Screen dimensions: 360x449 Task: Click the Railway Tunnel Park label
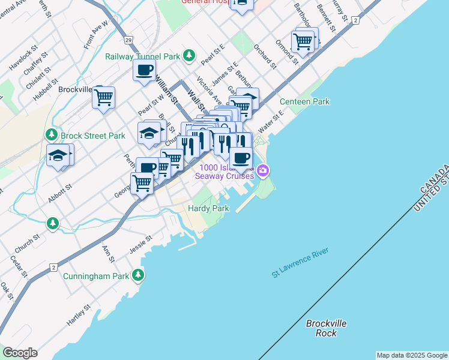[x=143, y=56]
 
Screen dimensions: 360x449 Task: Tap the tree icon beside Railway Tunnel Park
[x=190, y=56]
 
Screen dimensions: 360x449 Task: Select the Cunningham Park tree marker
[x=139, y=276]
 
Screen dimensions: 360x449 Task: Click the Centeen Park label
[x=304, y=101]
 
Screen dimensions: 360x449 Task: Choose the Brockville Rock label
[x=326, y=328]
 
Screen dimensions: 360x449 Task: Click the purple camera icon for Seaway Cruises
[x=262, y=172]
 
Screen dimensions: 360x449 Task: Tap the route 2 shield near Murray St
[x=355, y=20]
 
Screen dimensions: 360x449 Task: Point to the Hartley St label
[x=79, y=314]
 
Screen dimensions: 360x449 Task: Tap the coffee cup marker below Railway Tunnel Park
[x=144, y=70]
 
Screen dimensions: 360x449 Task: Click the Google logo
[x=20, y=353]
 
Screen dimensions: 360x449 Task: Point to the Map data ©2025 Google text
[x=412, y=355]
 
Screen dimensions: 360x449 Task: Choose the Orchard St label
[x=265, y=56]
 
